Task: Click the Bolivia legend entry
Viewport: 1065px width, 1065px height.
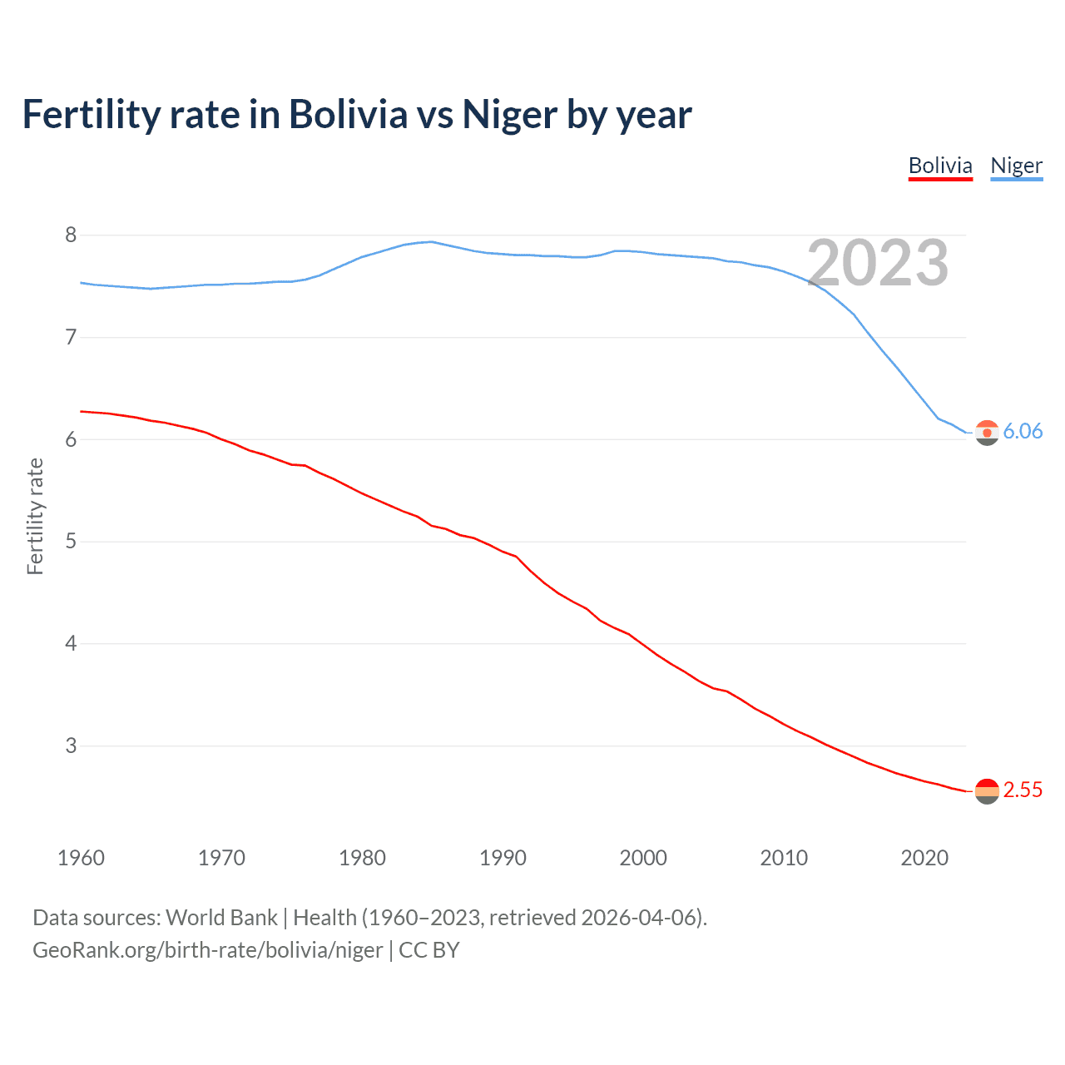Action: tap(940, 166)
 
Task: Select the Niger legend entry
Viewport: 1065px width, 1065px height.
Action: tap(1016, 166)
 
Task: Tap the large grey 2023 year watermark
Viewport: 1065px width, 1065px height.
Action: tap(878, 263)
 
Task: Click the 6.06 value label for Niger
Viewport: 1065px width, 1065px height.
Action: tap(1023, 431)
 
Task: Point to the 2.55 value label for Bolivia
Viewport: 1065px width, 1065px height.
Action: tap(1023, 790)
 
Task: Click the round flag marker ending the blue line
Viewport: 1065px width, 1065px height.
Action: tap(987, 433)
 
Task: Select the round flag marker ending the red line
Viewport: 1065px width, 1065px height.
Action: tap(987, 791)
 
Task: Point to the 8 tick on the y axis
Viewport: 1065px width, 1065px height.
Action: tap(71, 235)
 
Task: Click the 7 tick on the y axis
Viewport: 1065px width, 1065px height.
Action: tap(71, 337)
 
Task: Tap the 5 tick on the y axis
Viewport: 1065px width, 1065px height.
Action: tap(71, 542)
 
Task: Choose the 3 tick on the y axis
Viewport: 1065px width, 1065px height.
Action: tap(71, 745)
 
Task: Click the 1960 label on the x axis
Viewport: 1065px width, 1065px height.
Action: tap(81, 858)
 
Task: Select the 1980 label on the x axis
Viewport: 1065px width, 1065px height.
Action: tap(362, 858)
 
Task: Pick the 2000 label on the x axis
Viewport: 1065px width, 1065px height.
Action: tap(643, 858)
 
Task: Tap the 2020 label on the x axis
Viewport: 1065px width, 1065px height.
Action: tap(924, 858)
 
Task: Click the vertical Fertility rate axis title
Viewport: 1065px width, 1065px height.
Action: tap(35, 516)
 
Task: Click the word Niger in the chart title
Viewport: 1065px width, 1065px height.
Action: tap(509, 115)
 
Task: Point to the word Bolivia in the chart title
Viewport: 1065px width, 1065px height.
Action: tap(349, 115)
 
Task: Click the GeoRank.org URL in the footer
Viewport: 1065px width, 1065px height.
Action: tap(208, 950)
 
